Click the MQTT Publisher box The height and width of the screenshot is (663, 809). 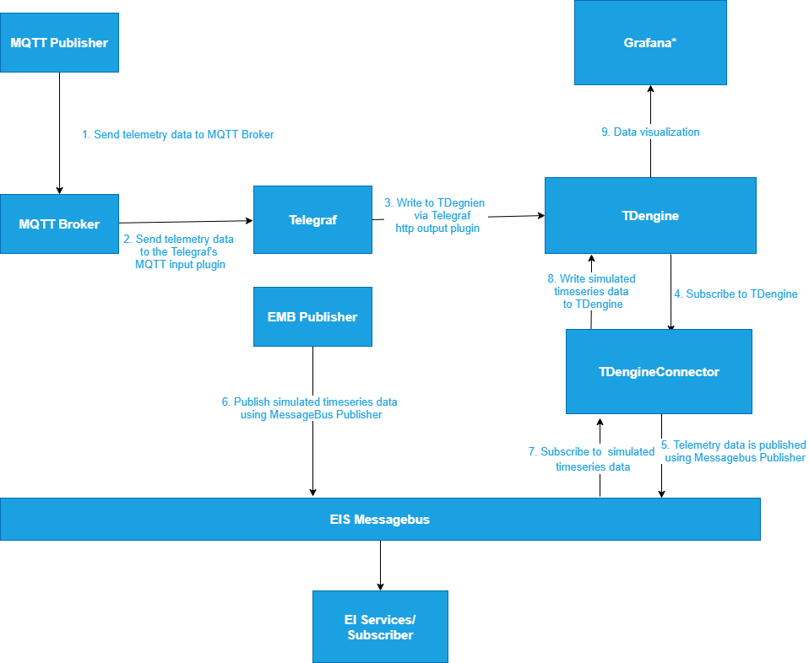click(x=59, y=42)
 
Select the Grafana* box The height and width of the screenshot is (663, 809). click(x=650, y=42)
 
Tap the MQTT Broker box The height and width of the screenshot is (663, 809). click(x=59, y=224)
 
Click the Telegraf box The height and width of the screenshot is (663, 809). click(x=312, y=219)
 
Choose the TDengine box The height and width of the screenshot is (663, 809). click(x=650, y=215)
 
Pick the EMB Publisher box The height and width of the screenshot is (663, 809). click(x=312, y=316)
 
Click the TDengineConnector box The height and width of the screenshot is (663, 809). click(x=659, y=371)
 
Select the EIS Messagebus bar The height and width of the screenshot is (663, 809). click(x=380, y=519)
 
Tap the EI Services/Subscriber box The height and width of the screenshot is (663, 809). click(x=380, y=627)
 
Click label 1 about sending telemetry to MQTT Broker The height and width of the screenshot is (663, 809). click(x=177, y=134)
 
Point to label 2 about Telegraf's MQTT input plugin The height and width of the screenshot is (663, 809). click(x=179, y=251)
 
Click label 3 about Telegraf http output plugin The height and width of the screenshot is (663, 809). click(x=436, y=215)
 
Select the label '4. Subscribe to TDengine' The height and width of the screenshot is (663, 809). click(x=736, y=294)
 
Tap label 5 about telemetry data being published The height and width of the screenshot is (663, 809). click(x=734, y=451)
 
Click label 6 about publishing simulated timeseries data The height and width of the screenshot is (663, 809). click(x=310, y=408)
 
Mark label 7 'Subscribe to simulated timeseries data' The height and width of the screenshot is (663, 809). click(x=591, y=459)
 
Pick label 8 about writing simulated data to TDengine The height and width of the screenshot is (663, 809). click(x=592, y=291)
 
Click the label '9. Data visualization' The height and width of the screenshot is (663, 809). click(x=650, y=132)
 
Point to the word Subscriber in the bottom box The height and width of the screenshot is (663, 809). click(x=380, y=634)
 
